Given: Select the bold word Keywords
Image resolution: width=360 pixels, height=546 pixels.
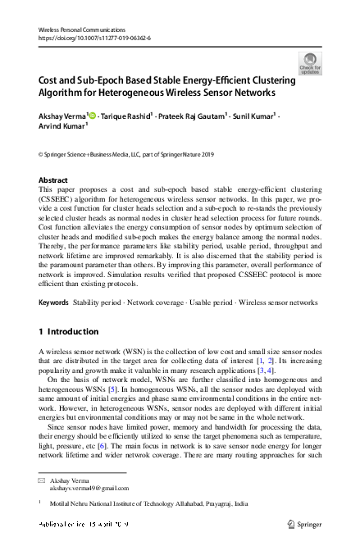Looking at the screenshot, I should pos(53,303).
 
